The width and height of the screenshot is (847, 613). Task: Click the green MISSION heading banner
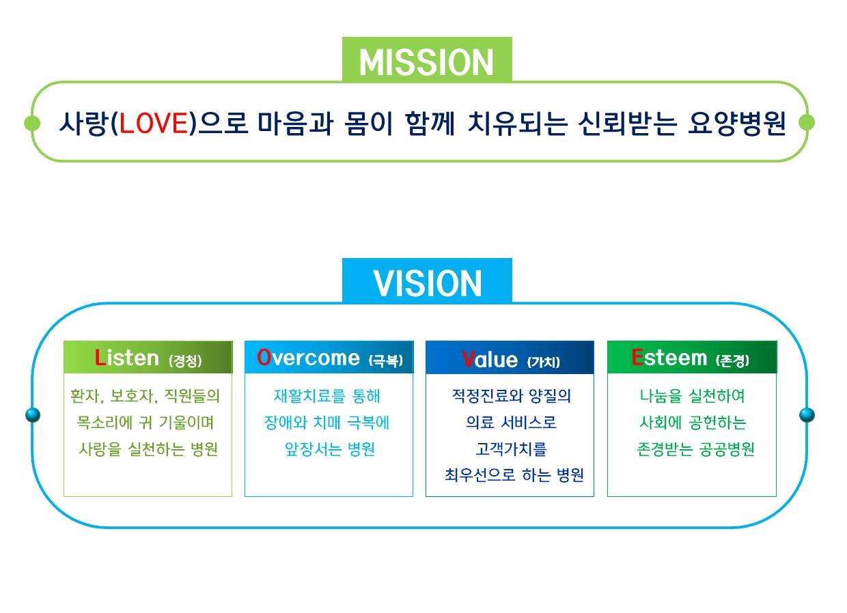[427, 59]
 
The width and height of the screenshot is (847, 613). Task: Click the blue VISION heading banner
[427, 281]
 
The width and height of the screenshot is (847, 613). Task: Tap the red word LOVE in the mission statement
[154, 123]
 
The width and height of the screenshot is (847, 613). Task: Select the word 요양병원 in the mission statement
[736, 123]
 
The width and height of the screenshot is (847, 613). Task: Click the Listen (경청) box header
[148, 358]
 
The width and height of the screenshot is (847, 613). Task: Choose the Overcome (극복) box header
[329, 358]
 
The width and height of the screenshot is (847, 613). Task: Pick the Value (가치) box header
[510, 358]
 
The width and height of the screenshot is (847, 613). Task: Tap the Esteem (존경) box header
[691, 358]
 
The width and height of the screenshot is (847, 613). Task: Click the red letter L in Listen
[100, 358]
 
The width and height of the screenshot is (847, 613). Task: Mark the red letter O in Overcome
[264, 357]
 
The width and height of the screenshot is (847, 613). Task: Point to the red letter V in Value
[469, 359]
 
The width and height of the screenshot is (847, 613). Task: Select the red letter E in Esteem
[637, 357]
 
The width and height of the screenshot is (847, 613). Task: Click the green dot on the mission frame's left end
[32, 123]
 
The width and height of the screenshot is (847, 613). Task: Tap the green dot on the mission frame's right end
[807, 122]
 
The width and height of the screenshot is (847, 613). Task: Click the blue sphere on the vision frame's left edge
[33, 415]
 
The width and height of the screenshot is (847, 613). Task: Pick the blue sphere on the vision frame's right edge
[807, 415]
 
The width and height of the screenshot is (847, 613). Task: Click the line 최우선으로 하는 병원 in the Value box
[514, 475]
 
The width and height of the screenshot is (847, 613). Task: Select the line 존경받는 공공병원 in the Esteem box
[696, 449]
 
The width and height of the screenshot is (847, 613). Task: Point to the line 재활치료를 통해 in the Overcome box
[327, 396]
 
